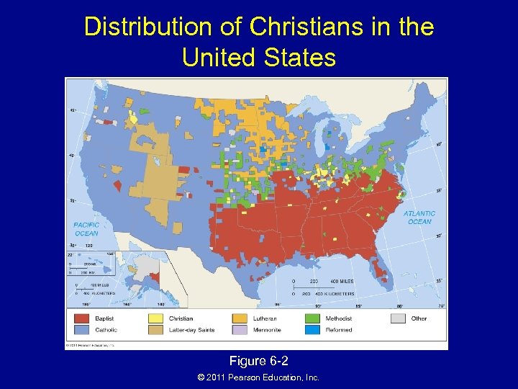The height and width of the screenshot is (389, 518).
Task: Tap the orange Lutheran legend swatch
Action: tap(240, 318)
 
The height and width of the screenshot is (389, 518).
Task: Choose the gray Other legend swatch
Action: tap(398, 318)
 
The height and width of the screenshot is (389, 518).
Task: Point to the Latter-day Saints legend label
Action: tap(193, 330)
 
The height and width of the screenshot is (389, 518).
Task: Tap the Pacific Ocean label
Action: tap(86, 229)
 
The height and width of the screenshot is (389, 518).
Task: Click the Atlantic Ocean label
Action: tap(419, 218)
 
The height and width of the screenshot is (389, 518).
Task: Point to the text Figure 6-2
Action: tap(258, 360)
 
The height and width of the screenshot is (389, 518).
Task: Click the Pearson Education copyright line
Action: tap(258, 377)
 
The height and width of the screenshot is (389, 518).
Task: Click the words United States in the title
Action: tap(259, 57)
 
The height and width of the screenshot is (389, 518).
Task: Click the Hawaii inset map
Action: tap(90, 264)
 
